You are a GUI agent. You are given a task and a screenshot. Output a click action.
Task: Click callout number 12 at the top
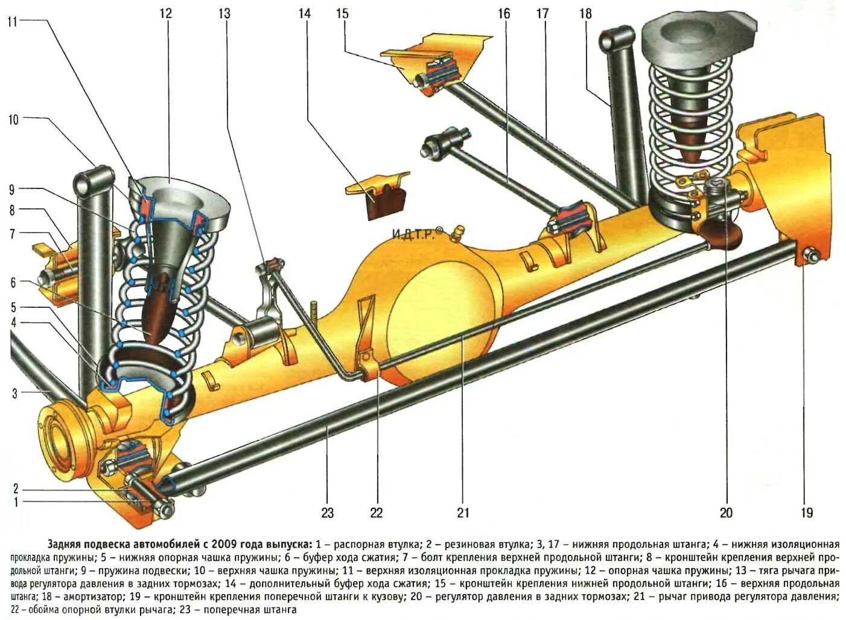tap(165, 13)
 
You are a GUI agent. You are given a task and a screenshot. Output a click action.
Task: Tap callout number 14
tap(305, 13)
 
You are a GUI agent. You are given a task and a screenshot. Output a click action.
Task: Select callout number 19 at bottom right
tap(807, 513)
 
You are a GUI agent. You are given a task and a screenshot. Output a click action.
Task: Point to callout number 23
tap(327, 513)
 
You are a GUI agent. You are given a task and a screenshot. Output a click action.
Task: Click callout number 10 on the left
tap(13, 120)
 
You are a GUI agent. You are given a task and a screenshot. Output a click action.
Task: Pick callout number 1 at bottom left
tap(16, 502)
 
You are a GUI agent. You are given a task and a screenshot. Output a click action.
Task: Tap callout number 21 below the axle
tap(463, 513)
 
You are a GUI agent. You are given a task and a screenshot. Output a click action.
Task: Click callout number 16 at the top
tap(504, 13)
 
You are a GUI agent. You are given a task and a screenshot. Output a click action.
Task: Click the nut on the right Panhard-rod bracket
tap(812, 256)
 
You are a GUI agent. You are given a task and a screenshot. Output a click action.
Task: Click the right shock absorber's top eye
tap(616, 39)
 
